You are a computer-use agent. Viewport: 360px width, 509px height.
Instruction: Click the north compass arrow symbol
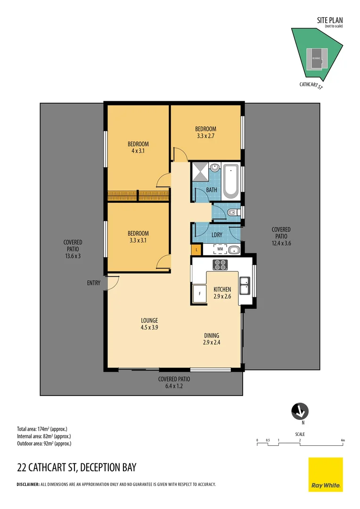tap(300, 411)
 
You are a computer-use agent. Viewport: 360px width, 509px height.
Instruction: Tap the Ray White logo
tap(326, 475)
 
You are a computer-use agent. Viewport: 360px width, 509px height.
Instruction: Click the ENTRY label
tap(94, 283)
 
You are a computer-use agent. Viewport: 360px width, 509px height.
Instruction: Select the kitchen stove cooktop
tap(220, 264)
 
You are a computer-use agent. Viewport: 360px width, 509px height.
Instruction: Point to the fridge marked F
tap(200, 294)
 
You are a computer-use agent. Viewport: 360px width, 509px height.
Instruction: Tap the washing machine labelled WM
tap(220, 249)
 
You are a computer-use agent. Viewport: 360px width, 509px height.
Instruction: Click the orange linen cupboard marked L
tap(196, 249)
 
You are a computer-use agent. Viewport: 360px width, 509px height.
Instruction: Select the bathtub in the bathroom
tap(231, 181)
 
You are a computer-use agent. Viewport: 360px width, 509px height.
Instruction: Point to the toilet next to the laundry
tap(233, 213)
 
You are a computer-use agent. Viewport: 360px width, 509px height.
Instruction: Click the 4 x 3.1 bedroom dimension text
tap(138, 151)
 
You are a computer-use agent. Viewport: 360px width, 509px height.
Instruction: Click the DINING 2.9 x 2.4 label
tap(212, 339)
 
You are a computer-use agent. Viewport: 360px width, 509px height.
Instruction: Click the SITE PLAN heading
tap(330, 20)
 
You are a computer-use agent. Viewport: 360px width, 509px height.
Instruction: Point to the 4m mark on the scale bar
tap(343, 440)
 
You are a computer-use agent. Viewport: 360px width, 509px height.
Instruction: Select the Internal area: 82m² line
tap(44, 436)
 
